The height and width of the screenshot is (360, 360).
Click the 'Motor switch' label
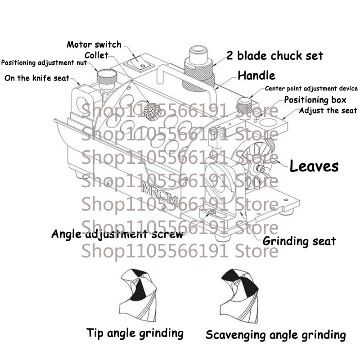(x=94, y=44)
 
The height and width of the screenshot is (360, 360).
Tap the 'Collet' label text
(x=96, y=55)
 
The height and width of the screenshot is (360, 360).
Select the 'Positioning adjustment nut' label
(x=44, y=63)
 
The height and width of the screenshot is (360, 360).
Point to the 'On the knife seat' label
(x=37, y=78)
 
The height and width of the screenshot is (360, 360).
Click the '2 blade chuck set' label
(x=275, y=55)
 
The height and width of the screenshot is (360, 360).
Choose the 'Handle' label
(x=256, y=75)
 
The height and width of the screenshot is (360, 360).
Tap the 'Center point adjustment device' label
(x=311, y=89)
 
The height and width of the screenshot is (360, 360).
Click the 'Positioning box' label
(x=315, y=100)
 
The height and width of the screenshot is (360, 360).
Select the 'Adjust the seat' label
(x=328, y=111)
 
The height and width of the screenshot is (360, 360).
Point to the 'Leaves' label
(x=314, y=166)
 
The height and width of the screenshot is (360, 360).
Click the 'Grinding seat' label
(x=299, y=241)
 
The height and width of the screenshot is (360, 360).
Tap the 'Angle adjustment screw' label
(x=117, y=234)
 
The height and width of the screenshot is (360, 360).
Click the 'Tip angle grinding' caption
(x=135, y=333)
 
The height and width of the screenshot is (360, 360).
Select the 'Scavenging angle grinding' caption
(x=275, y=335)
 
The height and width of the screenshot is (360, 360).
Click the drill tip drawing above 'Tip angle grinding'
(x=139, y=295)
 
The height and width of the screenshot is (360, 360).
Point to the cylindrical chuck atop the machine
(x=199, y=68)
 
